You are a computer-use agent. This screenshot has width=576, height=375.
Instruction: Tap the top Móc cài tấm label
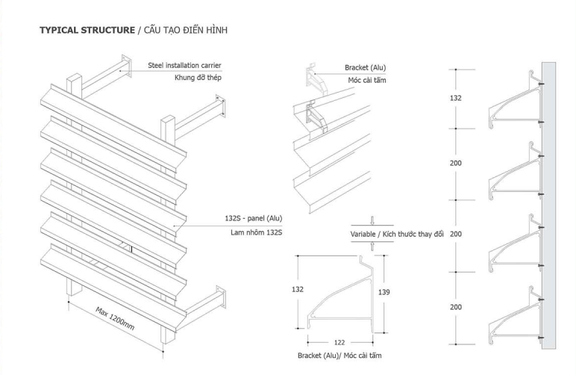point(367,80)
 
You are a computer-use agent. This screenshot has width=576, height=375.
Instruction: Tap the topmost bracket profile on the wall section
point(513,97)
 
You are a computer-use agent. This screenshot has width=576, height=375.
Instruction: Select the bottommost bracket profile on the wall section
point(513,314)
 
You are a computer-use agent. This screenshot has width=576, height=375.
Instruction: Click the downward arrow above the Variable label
point(372,220)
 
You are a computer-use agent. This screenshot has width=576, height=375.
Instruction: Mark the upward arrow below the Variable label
point(372,247)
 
